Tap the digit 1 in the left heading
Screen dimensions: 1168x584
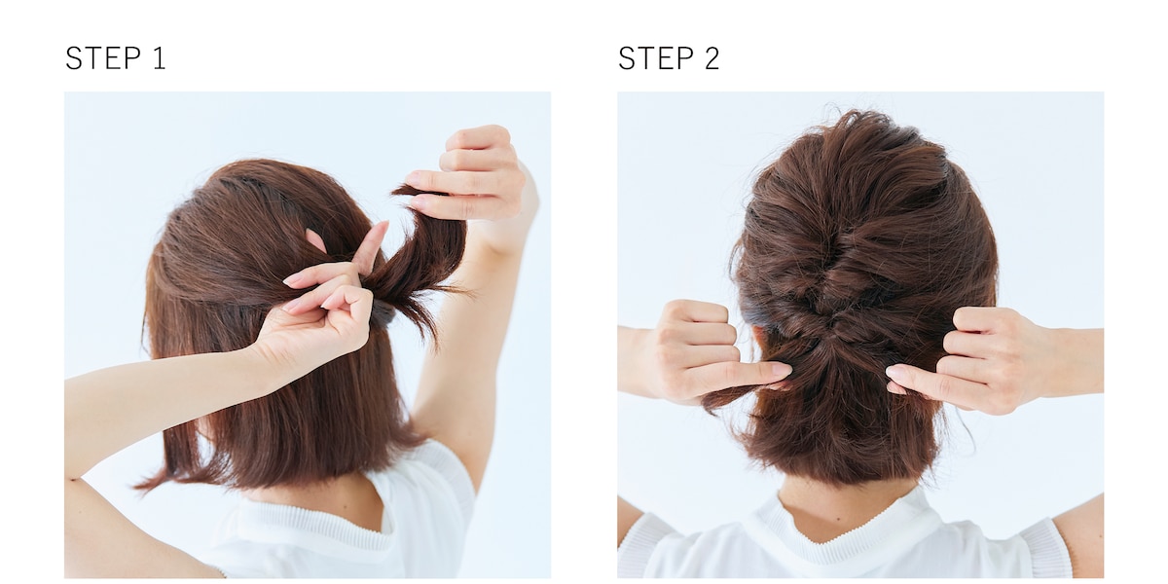pos(161,57)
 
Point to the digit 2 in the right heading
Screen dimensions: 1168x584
pos(712,57)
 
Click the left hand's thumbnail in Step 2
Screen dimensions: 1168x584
pos(783,369)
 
